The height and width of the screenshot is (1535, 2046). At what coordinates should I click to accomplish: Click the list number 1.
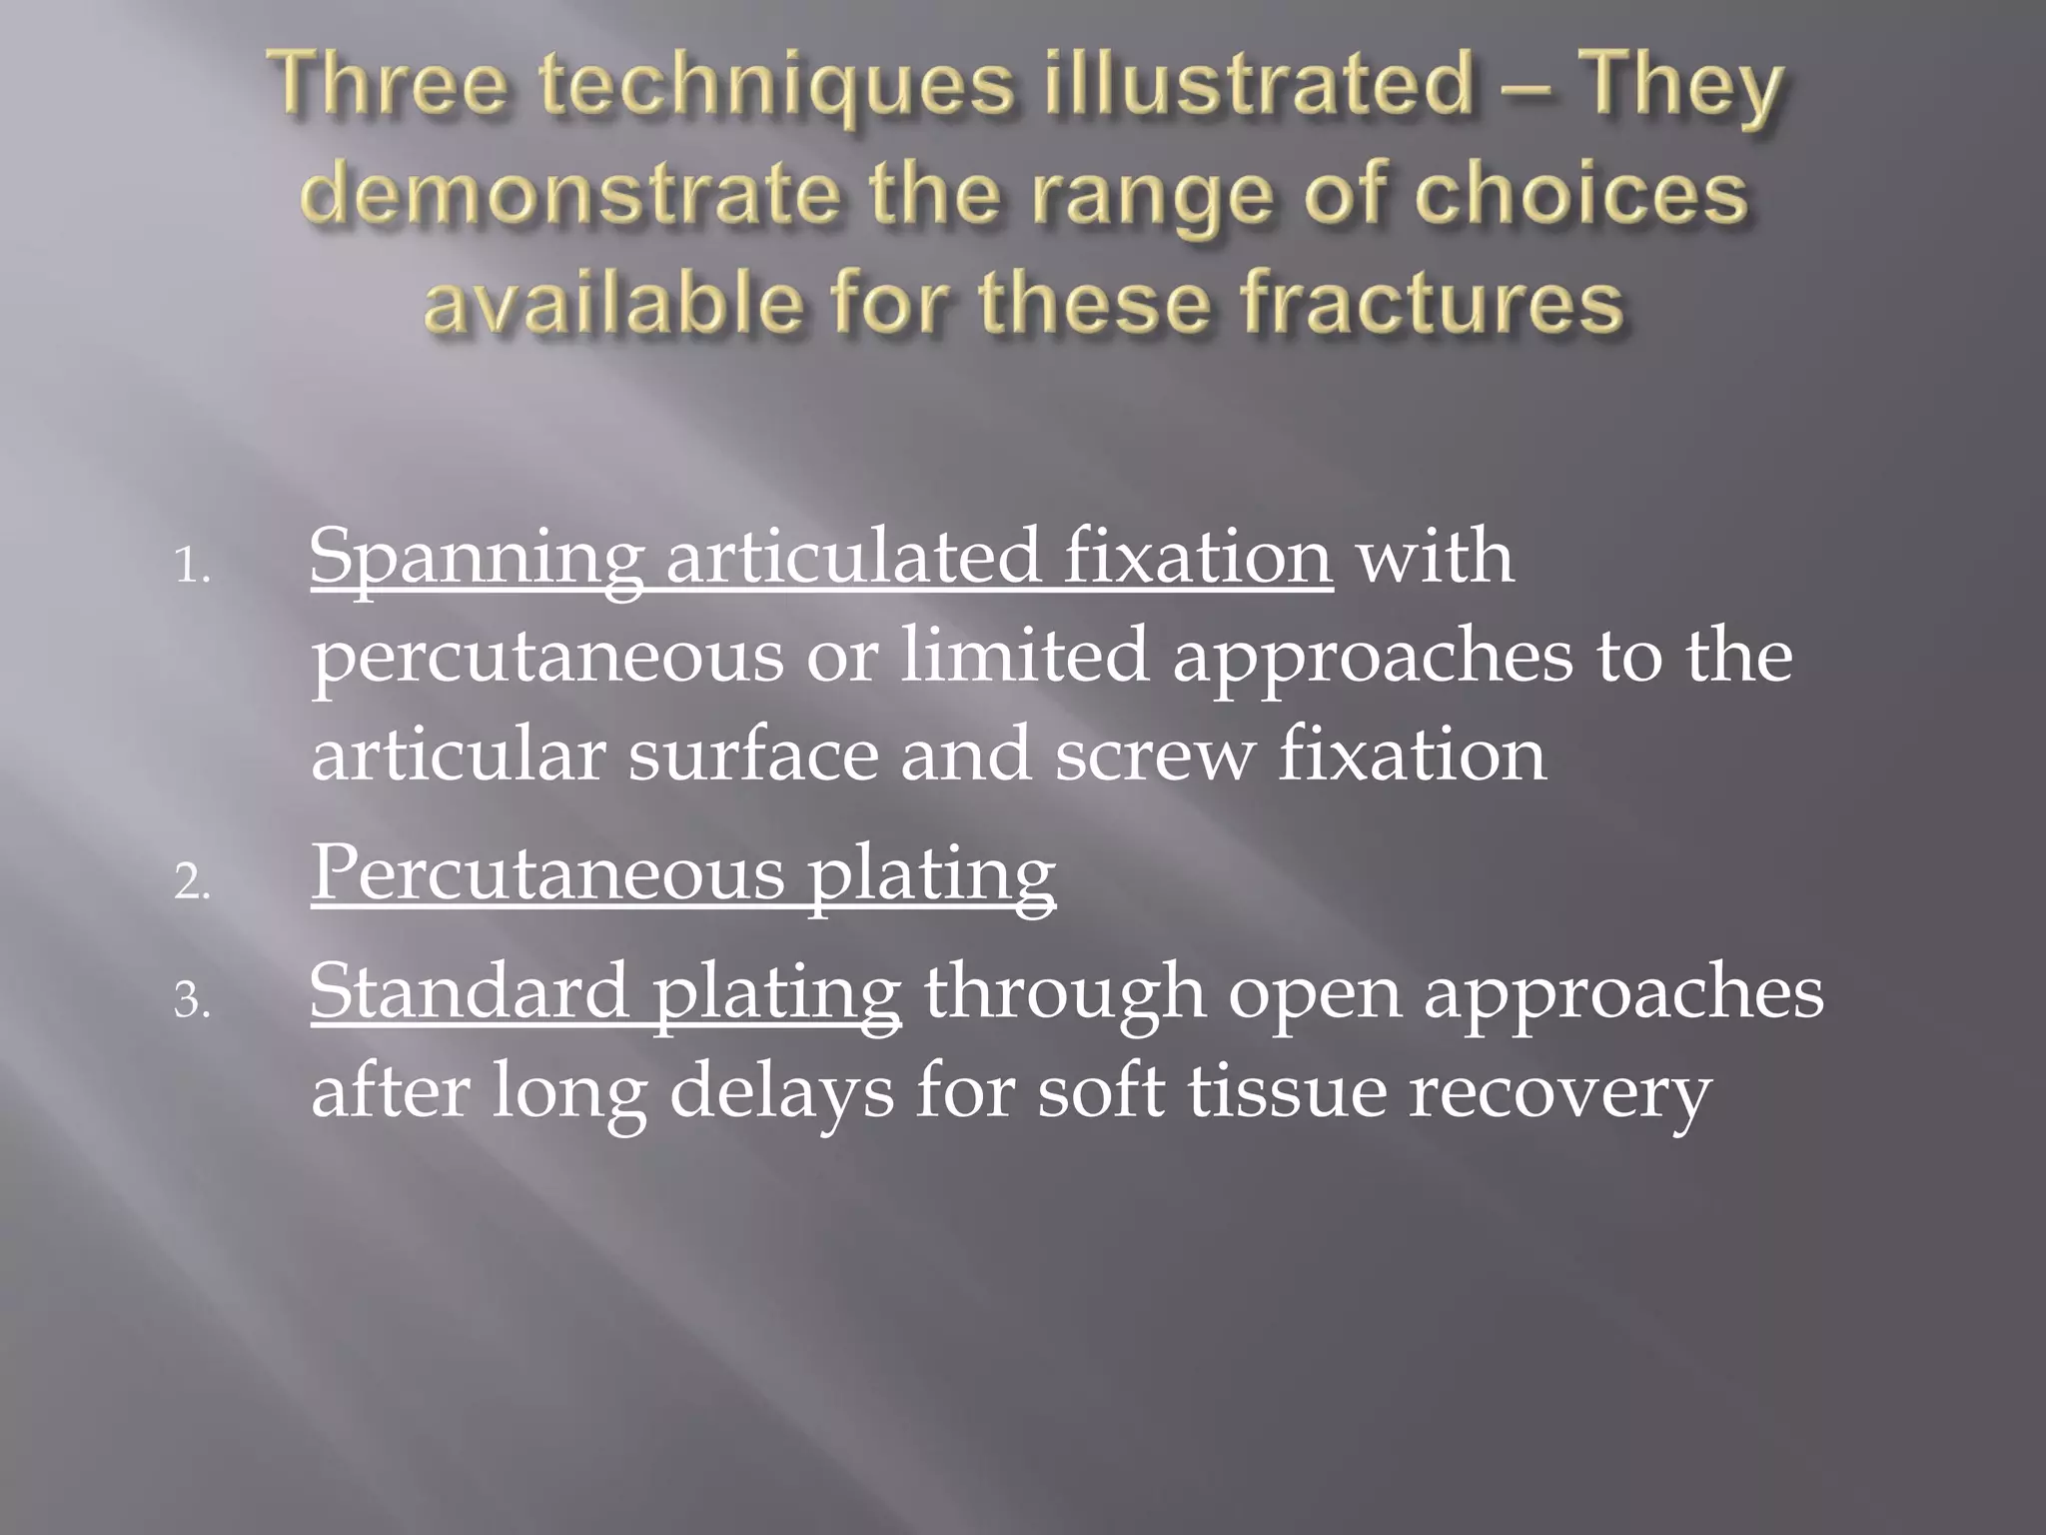pos(192,570)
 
